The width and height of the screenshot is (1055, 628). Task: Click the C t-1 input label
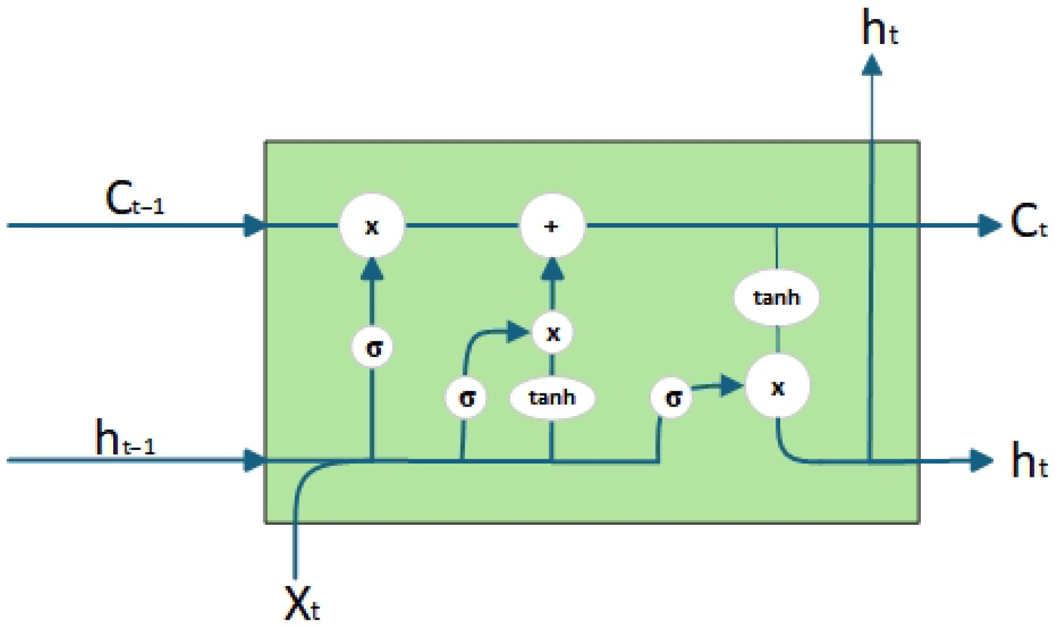tap(134, 199)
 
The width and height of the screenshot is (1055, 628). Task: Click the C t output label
tap(1029, 222)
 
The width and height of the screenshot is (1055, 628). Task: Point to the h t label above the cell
tap(880, 29)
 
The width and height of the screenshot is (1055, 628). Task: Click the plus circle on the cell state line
tap(552, 226)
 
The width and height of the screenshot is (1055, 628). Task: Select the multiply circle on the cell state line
tap(372, 226)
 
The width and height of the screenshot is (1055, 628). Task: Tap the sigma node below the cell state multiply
tap(373, 347)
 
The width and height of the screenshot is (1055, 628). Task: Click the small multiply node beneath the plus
tap(553, 332)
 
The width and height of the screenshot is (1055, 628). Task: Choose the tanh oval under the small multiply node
tap(552, 397)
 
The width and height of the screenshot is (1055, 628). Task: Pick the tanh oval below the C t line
tap(776, 297)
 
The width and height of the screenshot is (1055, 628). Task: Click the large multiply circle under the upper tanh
tap(777, 387)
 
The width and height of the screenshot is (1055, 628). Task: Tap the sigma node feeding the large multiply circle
tap(673, 398)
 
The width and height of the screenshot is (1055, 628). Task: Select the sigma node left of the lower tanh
tap(466, 398)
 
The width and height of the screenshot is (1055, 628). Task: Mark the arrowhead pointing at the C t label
tap(989, 225)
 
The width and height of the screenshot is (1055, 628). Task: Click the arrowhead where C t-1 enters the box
tap(254, 225)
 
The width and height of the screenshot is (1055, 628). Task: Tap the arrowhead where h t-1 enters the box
tap(254, 460)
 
